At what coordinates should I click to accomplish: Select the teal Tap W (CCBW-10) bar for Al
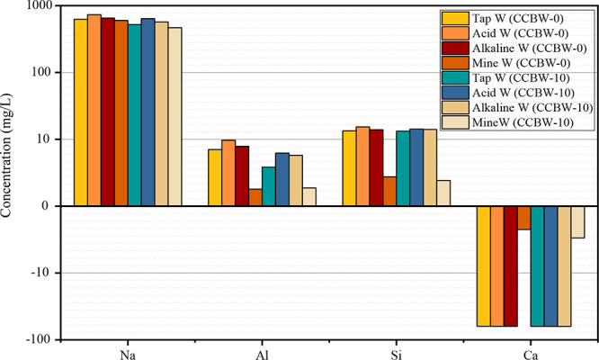point(269,186)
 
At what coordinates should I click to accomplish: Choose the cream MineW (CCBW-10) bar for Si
point(443,193)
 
